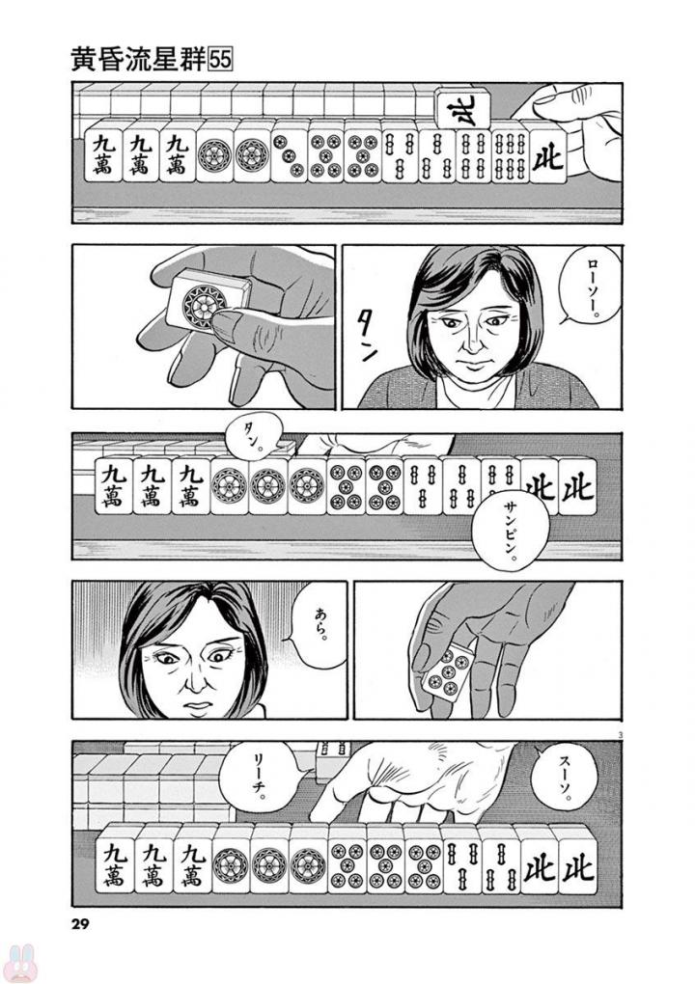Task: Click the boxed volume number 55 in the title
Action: click(x=222, y=57)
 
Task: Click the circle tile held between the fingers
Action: click(x=204, y=303)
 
